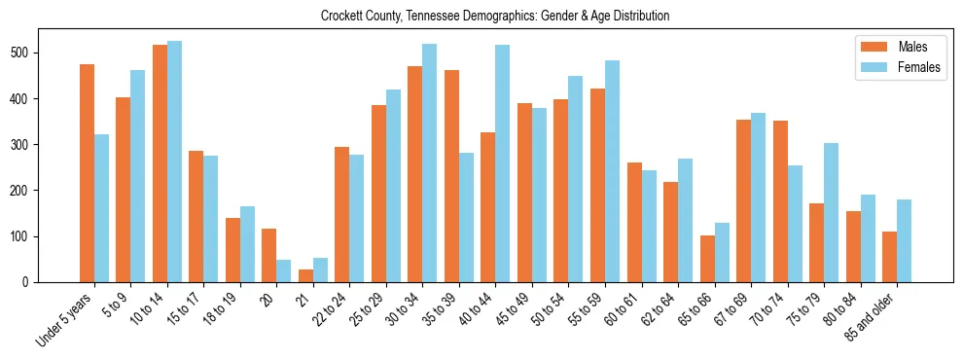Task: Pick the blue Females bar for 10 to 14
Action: point(174,162)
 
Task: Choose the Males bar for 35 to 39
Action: point(451,176)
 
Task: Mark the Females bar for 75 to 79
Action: point(831,213)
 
